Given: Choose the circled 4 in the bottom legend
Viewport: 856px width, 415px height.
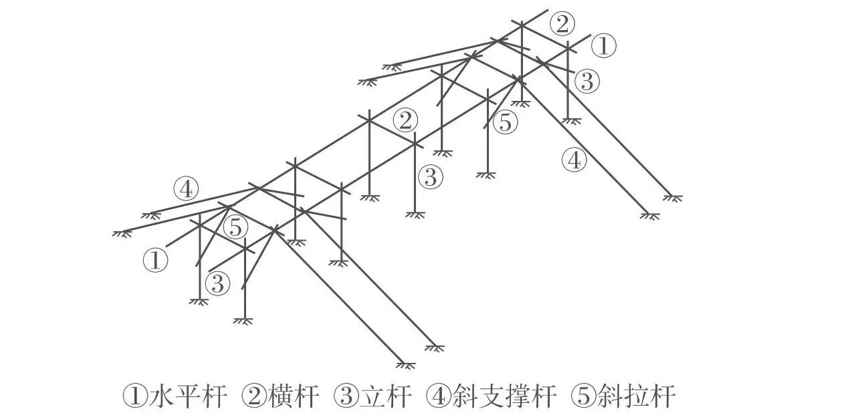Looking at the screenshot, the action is coord(435,396).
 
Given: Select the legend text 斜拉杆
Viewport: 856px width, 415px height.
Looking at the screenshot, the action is coord(642,396).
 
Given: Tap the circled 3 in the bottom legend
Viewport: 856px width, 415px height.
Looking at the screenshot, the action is coord(345,396).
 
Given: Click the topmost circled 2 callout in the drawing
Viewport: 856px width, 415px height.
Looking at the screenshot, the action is coord(562,24).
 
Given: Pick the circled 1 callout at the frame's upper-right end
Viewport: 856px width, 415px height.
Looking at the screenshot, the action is coord(603,46).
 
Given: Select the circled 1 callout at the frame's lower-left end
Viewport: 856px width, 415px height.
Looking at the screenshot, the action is coord(155,260).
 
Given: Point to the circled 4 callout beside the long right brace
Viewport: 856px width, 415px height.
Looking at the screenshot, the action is coord(574,160).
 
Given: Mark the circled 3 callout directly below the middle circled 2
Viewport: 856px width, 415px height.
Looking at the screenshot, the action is coord(430,178).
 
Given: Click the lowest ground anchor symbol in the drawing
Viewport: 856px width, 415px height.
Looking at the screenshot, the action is coord(405,365).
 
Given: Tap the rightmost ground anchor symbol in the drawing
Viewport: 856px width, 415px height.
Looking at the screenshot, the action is coord(673,198).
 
